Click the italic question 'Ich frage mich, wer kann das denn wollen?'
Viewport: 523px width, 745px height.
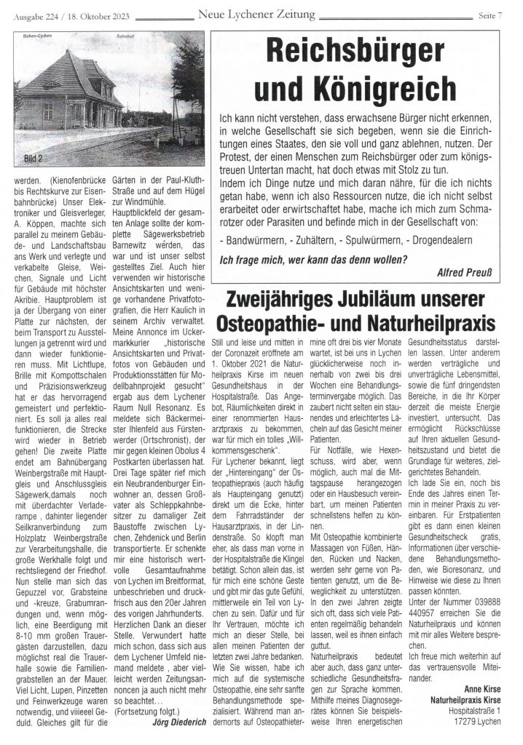(314, 259)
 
